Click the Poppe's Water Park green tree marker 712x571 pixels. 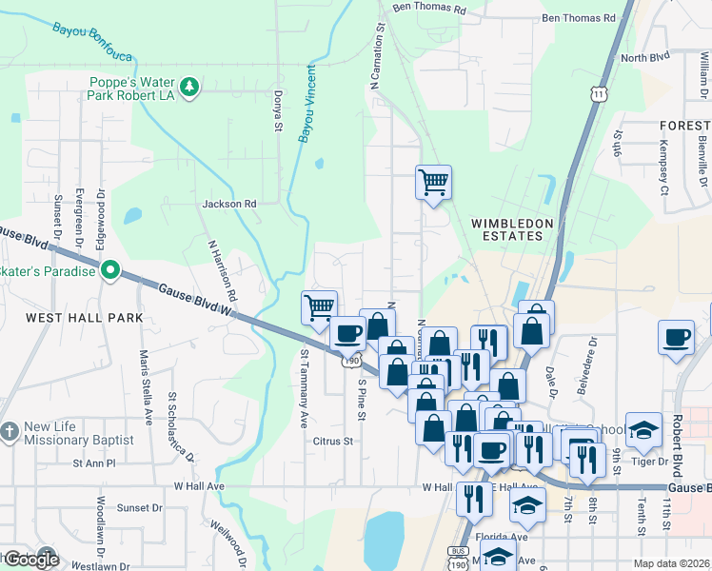click(190, 88)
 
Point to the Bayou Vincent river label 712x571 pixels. click(307, 105)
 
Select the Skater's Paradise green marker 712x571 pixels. click(110, 272)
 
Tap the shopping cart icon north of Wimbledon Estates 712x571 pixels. click(433, 181)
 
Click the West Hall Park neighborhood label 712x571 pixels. click(84, 317)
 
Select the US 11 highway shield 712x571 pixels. click(597, 93)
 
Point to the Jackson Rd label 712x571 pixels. click(229, 204)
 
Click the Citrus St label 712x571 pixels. click(333, 442)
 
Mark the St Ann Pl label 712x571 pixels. click(94, 463)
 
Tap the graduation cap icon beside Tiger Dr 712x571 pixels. click(643, 430)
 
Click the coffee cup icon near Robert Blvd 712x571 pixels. click(677, 338)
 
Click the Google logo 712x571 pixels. click(31, 560)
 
